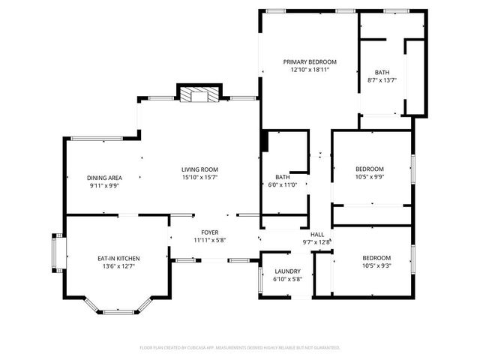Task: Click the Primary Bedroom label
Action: tap(310, 61)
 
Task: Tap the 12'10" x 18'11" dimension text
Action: tap(310, 69)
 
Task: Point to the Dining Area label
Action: tap(104, 178)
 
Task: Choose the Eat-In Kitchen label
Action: tap(118, 258)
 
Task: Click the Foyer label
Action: tap(209, 232)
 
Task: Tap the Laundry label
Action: tap(288, 271)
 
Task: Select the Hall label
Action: tap(316, 234)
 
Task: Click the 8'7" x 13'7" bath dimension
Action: tap(382, 80)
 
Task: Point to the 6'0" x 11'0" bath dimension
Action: tap(283, 184)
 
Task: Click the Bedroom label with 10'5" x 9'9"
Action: tap(369, 169)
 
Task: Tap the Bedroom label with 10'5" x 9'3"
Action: tap(376, 257)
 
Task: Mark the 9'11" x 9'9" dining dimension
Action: tap(104, 185)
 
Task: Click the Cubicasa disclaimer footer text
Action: tap(240, 348)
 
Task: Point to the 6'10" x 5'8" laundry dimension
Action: tap(288, 279)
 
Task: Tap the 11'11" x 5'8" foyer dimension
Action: tap(209, 241)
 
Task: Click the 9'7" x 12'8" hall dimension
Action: tap(316, 241)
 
